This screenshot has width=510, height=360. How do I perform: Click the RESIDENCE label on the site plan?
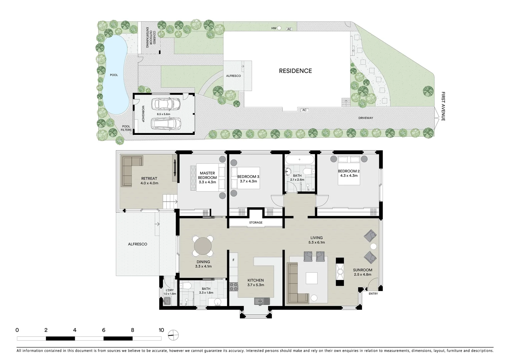[295, 71]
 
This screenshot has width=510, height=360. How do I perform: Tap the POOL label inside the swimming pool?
[114, 75]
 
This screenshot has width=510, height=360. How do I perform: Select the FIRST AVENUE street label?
[443, 106]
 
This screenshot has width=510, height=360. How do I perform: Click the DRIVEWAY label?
[366, 118]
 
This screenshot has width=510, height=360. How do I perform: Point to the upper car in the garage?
[166, 104]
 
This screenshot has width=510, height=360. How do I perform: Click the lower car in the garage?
[166, 124]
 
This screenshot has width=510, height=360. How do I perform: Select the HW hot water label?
[274, 28]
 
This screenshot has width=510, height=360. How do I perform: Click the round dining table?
[203, 246]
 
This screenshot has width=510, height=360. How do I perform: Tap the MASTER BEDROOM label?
[207, 175]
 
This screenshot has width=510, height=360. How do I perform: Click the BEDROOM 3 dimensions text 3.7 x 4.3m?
[248, 181]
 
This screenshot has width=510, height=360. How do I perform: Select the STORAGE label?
[256, 222]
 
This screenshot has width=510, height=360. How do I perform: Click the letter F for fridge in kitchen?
[233, 260]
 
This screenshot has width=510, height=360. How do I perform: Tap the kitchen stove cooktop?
[233, 287]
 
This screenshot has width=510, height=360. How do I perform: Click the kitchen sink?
[263, 301]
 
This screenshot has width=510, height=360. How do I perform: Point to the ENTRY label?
[373, 294]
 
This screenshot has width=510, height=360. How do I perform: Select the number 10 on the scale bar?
[161, 330]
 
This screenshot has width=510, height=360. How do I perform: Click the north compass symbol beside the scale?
[173, 335]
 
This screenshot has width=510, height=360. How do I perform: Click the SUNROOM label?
[363, 270]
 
